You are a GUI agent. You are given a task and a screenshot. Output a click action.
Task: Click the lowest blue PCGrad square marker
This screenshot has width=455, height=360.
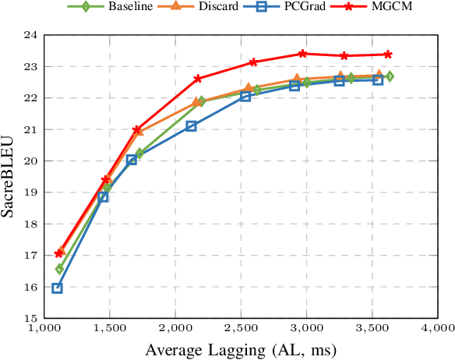coord(57,288)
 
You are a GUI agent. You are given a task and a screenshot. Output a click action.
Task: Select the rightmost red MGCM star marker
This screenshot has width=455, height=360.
coord(388,55)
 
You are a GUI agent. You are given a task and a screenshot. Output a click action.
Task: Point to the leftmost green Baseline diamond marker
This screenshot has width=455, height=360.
coord(59,269)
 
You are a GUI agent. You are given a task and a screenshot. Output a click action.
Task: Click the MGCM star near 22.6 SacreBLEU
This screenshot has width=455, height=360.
coord(198,79)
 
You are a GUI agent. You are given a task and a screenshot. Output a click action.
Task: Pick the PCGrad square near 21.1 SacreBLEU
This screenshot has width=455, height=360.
coord(192,125)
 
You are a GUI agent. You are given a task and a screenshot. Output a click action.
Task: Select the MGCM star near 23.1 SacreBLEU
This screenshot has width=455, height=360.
coord(253,62)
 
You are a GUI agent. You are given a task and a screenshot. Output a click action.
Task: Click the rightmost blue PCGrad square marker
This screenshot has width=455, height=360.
coord(378,79)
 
